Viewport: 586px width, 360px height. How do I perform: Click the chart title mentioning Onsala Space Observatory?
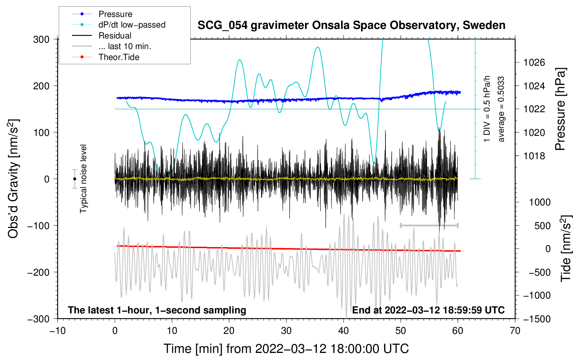tap(351, 25)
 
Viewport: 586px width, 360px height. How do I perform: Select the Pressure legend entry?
tap(115, 14)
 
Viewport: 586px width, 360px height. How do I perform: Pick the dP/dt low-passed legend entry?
tap(132, 25)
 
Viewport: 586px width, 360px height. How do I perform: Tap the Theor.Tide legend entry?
tap(119, 57)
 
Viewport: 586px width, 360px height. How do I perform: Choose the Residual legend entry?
tap(115, 36)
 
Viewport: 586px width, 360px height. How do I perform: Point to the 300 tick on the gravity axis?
tap(41, 39)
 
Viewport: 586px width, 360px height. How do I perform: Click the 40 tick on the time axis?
tap(343, 331)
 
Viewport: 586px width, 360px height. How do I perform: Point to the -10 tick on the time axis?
tap(58, 331)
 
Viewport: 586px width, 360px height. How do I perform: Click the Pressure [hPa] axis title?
tap(560, 109)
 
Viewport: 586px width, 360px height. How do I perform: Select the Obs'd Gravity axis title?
tap(13, 179)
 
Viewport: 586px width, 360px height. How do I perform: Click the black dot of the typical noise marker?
tap(75, 179)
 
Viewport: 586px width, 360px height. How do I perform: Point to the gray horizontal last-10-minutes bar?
tap(429, 225)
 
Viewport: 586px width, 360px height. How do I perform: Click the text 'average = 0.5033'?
tap(501, 109)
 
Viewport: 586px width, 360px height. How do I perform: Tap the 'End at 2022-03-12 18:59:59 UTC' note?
tap(428, 310)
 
